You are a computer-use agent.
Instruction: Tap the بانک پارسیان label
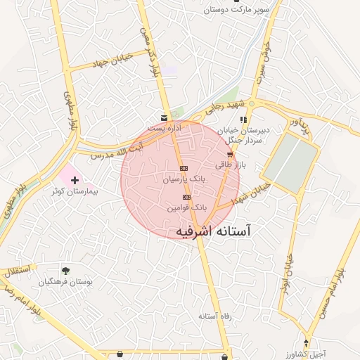pyautogui.click(x=184, y=180)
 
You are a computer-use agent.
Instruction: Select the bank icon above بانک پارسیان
pyautogui.click(x=184, y=169)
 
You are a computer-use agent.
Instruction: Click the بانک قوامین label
pyautogui.click(x=186, y=208)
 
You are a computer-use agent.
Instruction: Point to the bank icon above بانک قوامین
pyautogui.click(x=186, y=198)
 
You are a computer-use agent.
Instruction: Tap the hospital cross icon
pyautogui.click(x=75, y=181)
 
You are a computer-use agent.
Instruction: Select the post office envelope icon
pyautogui.click(x=164, y=117)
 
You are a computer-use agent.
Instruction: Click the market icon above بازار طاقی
pyautogui.click(x=230, y=154)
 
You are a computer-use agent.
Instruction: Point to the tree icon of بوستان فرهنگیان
pyautogui.click(x=65, y=271)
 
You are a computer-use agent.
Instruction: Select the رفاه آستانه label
pyautogui.click(x=215, y=316)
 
